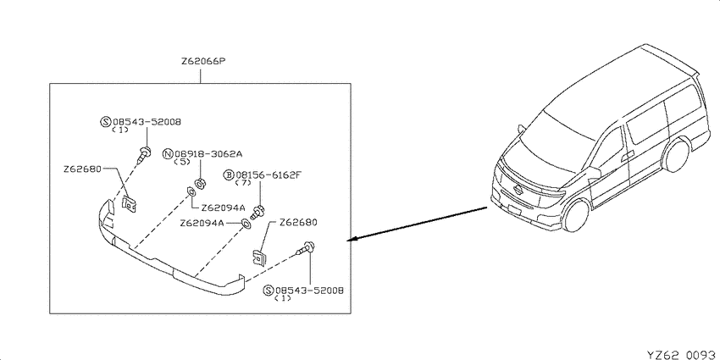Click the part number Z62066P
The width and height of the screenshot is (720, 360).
pyautogui.click(x=201, y=61)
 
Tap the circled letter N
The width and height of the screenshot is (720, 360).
pyautogui.click(x=169, y=153)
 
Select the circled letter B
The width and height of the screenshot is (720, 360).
pyautogui.click(x=230, y=175)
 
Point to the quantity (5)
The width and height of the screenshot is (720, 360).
pyautogui.click(x=181, y=162)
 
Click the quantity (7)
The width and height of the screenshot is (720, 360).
pyautogui.click(x=242, y=183)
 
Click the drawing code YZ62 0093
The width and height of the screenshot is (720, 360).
pyautogui.click(x=681, y=354)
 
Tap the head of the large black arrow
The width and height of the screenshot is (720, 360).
pyautogui.click(x=352, y=239)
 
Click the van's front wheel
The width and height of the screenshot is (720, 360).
pyautogui.click(x=577, y=215)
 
